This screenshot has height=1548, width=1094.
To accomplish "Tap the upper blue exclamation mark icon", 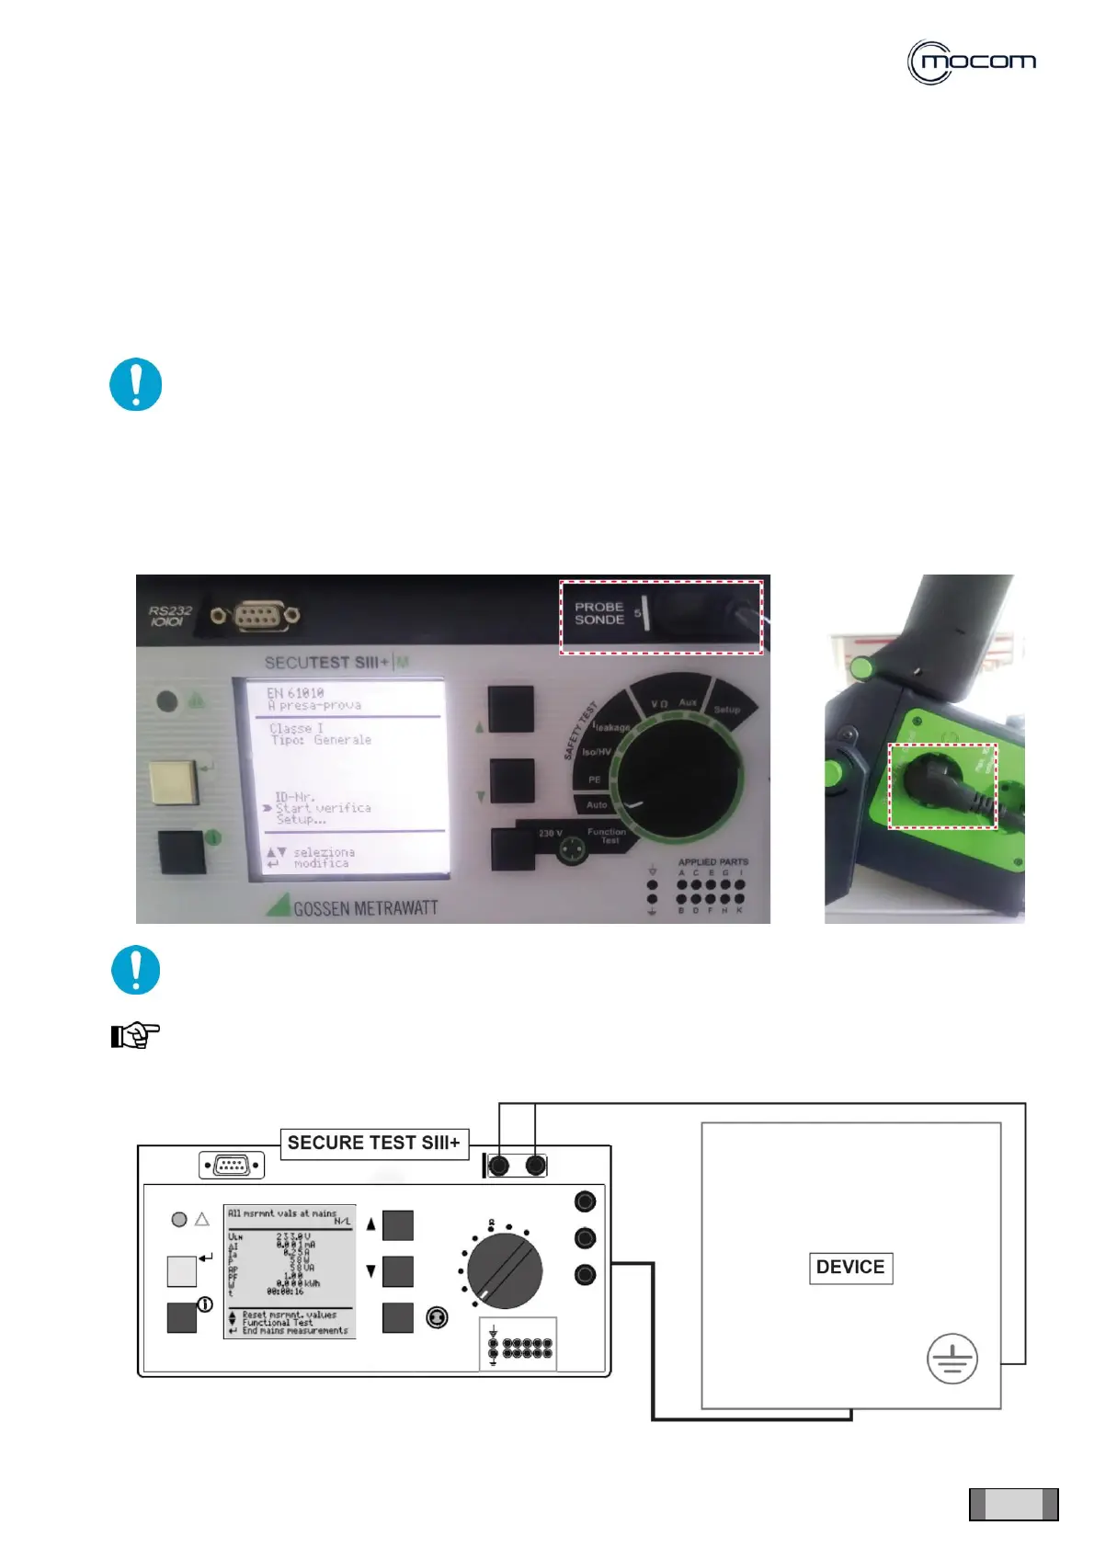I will click(136, 384).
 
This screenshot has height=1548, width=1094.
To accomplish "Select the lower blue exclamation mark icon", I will click(136, 970).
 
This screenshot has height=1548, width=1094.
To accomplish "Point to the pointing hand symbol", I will click(135, 1036).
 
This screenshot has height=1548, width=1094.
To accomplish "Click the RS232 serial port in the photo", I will click(256, 615).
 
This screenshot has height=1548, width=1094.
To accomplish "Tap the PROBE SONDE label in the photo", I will click(599, 613).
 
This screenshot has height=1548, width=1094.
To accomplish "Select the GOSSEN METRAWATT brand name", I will click(365, 908).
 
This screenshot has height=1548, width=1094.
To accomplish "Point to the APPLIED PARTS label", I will click(712, 862).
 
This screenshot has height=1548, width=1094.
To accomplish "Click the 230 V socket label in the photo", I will click(551, 834).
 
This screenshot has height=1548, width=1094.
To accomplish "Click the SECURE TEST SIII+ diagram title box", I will click(373, 1143).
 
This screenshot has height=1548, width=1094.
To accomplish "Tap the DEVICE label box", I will click(850, 1268).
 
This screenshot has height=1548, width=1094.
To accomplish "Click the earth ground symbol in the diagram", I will click(952, 1359).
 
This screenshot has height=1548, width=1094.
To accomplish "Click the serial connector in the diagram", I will click(232, 1165).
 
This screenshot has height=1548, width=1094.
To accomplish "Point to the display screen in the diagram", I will click(290, 1271).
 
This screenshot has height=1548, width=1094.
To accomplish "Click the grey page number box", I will click(1014, 1504).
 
